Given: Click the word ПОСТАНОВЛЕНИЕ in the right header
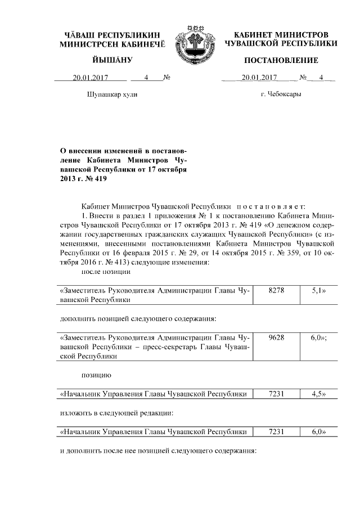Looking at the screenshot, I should [x=281, y=60].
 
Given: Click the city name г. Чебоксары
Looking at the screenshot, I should [x=281, y=94].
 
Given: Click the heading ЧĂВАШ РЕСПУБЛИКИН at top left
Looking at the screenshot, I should [x=113, y=35].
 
